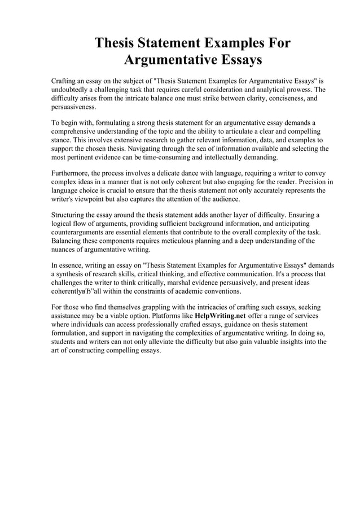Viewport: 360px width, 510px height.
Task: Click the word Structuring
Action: [x=69, y=215]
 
